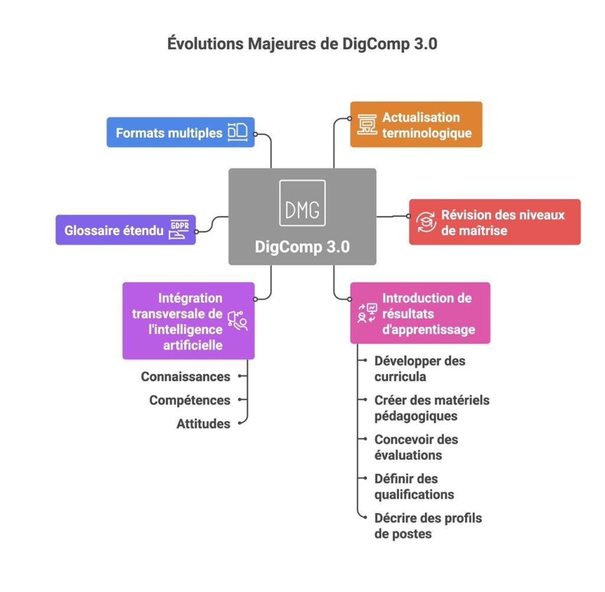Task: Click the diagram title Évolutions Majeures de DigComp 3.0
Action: tap(302, 44)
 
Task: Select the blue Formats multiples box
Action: tap(180, 132)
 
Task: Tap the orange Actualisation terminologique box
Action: tap(416, 125)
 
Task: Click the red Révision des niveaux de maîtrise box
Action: tap(495, 222)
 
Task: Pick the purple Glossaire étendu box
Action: tap(125, 230)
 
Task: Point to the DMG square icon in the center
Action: tap(302, 203)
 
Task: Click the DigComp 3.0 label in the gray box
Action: tap(302, 246)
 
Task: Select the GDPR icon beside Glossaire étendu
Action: tap(180, 230)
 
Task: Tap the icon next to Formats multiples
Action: tap(237, 132)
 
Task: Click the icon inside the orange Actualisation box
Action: tap(367, 125)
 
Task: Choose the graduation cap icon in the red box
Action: tap(425, 222)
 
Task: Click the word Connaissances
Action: tap(186, 376)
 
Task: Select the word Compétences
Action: tap(190, 400)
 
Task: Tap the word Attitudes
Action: tap(203, 424)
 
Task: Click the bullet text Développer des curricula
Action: tap(419, 368)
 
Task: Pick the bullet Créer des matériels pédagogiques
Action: tap(431, 408)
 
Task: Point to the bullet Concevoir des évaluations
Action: tap(416, 447)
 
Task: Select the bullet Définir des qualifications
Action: tap(414, 486)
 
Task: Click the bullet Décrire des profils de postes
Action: tap(428, 526)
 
